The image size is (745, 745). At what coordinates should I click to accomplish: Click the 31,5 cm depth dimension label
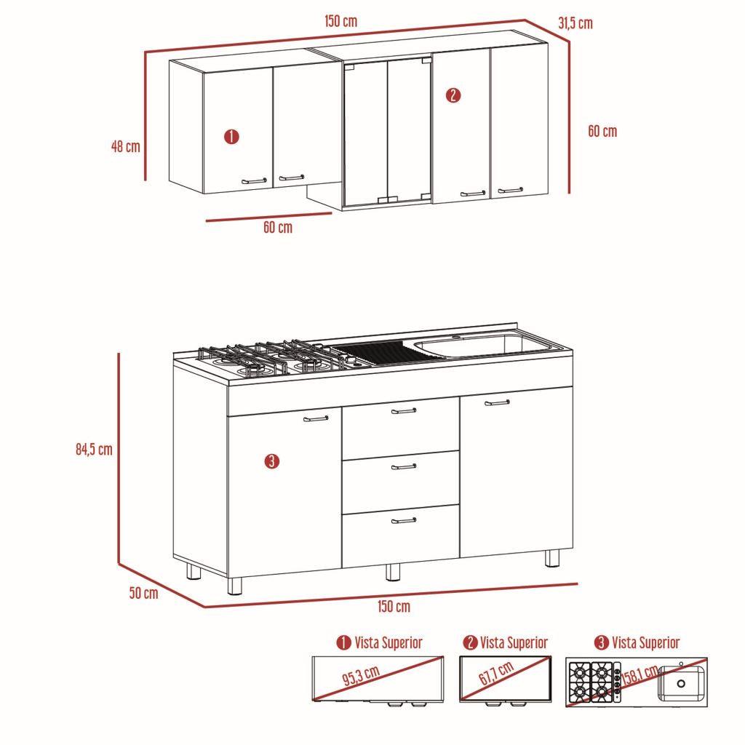pyautogui.click(x=575, y=23)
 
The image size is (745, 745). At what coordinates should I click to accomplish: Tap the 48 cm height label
pyautogui.click(x=126, y=146)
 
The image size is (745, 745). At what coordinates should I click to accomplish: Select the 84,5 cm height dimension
pyautogui.click(x=94, y=449)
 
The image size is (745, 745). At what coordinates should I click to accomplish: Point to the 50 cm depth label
pyautogui.click(x=144, y=592)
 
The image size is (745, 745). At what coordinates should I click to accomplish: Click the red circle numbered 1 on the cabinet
pyautogui.click(x=231, y=137)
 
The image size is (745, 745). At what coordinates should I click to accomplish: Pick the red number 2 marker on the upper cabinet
pyautogui.click(x=453, y=95)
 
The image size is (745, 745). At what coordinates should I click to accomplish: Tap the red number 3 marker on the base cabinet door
pyautogui.click(x=272, y=461)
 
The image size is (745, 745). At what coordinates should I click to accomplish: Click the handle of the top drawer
pyautogui.click(x=404, y=410)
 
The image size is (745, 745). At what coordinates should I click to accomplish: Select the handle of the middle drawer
pyautogui.click(x=404, y=467)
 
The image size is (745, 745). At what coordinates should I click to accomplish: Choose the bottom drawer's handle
pyautogui.click(x=404, y=521)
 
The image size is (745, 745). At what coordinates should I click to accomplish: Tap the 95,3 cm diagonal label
pyautogui.click(x=361, y=676)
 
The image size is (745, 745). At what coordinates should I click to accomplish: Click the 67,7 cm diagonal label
pyautogui.click(x=496, y=673)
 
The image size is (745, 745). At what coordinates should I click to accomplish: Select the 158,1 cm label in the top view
pyautogui.click(x=640, y=677)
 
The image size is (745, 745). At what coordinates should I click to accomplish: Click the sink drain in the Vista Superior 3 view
pyautogui.click(x=681, y=684)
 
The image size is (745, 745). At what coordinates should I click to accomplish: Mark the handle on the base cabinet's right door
pyautogui.click(x=497, y=403)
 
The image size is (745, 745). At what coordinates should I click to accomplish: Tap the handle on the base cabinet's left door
pyautogui.click(x=316, y=419)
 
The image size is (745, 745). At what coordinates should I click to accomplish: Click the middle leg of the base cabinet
pyautogui.click(x=392, y=573)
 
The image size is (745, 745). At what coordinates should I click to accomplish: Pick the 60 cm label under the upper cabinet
pyautogui.click(x=278, y=227)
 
